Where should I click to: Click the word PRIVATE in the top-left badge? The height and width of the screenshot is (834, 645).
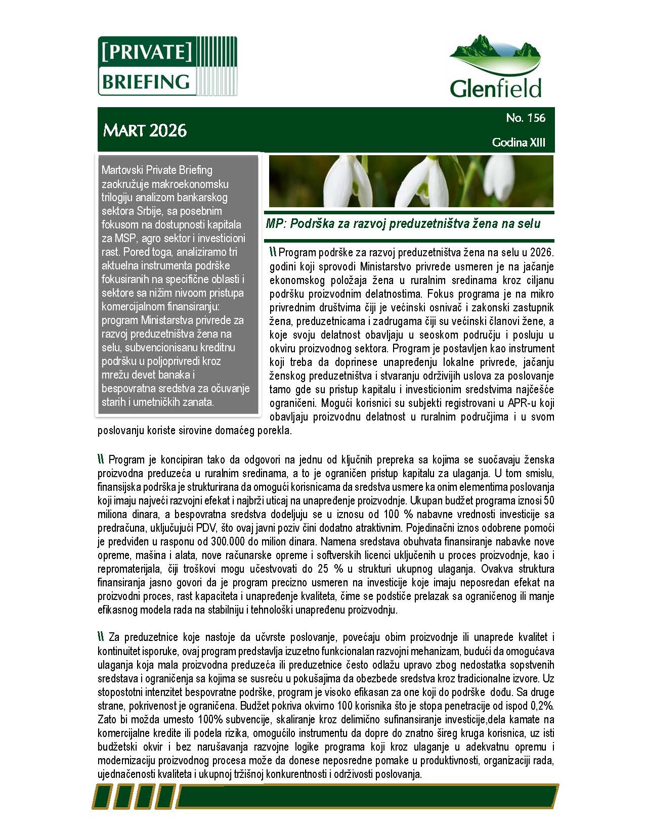pos(146,52)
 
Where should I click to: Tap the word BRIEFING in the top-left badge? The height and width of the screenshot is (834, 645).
pos(146,81)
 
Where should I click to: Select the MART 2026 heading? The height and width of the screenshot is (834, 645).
pos(145,130)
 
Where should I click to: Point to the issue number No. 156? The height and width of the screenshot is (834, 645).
pos(526,118)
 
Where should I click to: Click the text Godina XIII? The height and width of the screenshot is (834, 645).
pos(519,143)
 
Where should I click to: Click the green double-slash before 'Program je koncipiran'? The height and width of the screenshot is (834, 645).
pos(101,459)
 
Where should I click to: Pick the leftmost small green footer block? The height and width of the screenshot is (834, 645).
pos(103,797)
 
